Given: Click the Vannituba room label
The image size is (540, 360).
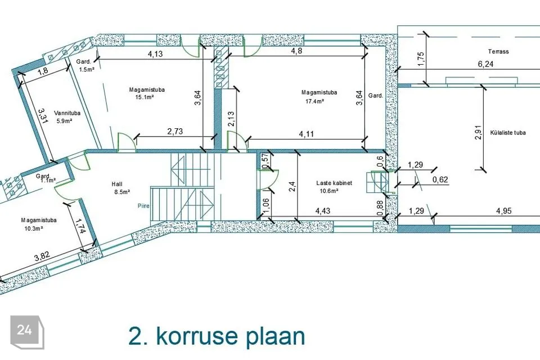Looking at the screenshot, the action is (x=67, y=113).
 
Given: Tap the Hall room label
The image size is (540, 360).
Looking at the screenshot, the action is (x=117, y=184).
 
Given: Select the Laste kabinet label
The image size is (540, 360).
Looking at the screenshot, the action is (x=334, y=183).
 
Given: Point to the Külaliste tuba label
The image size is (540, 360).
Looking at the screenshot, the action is (x=508, y=133).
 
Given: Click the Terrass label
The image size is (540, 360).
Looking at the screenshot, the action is (x=498, y=52).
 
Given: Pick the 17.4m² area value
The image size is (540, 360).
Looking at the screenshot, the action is (x=315, y=101).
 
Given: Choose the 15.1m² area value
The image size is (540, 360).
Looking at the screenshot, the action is (x=145, y=97).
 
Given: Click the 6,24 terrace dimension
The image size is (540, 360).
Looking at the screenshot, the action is (x=485, y=64).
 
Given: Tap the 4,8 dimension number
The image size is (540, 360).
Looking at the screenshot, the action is (x=296, y=51).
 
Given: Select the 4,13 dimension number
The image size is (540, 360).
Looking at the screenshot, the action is (x=155, y=54).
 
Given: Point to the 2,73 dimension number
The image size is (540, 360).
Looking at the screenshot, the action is (x=175, y=131).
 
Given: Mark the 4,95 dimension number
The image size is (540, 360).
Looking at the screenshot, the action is (x=503, y=211).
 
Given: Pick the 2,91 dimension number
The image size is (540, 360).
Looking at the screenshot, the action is (x=478, y=132).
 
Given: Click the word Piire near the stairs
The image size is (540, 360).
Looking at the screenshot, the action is (x=143, y=206).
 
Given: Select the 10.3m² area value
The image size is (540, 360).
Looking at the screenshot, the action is (x=33, y=228).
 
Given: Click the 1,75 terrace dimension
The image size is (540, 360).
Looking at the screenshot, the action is (x=421, y=59).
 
